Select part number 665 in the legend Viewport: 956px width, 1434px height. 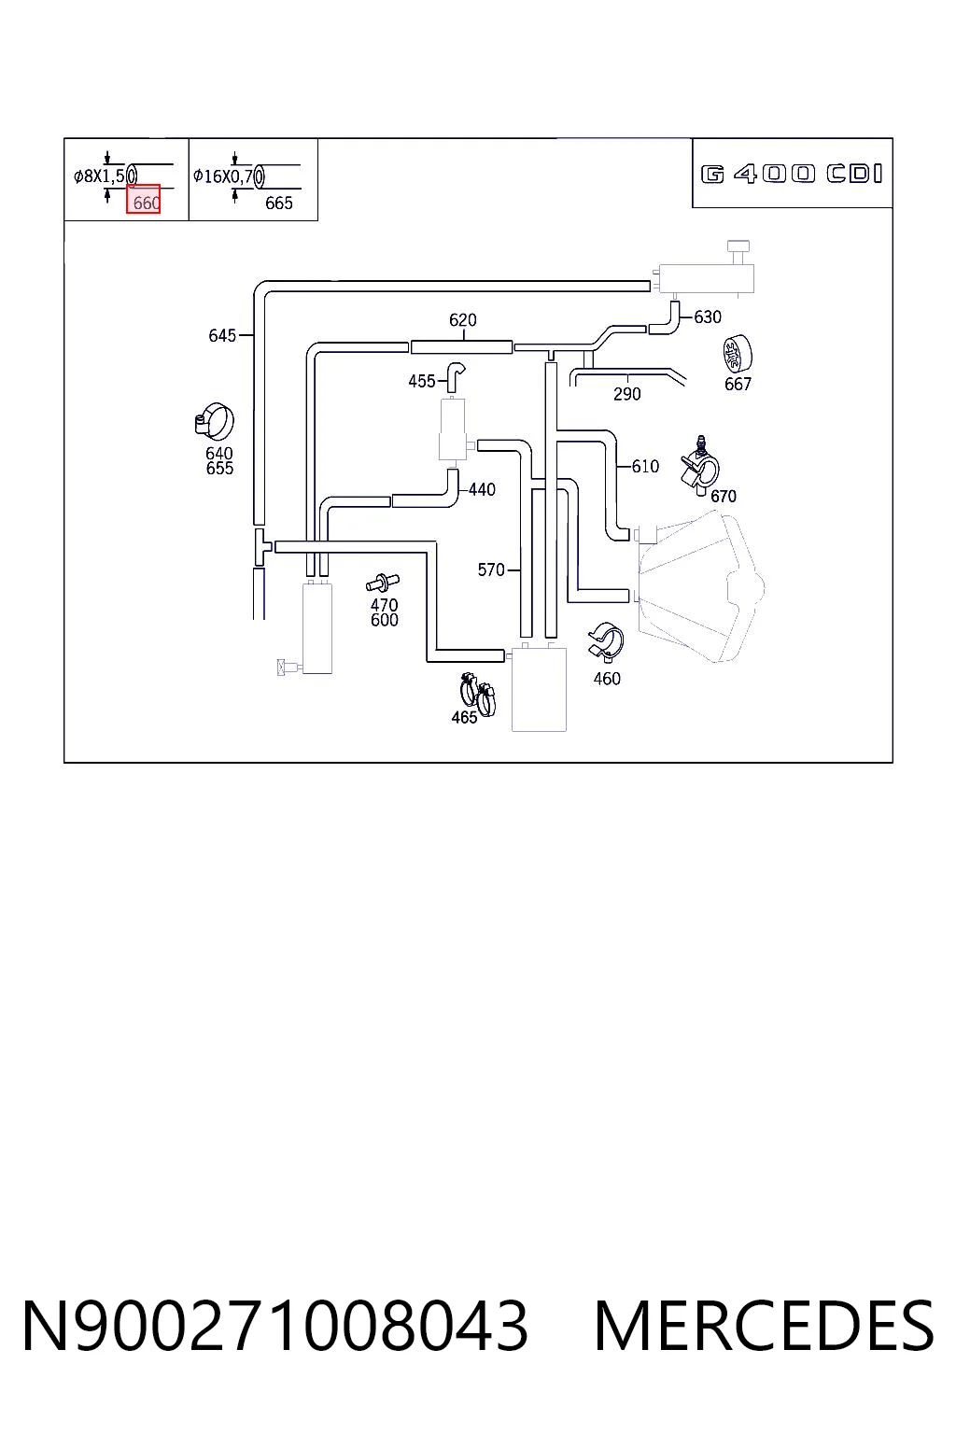pyautogui.click(x=278, y=203)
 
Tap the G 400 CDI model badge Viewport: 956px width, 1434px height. pyautogui.click(x=792, y=174)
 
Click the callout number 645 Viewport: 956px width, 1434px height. pyautogui.click(x=222, y=335)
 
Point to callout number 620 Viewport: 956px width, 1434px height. pyautogui.click(x=462, y=319)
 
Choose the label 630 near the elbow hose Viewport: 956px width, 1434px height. pyautogui.click(x=708, y=316)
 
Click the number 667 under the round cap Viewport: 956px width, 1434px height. pyautogui.click(x=738, y=384)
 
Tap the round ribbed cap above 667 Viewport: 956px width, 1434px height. pyautogui.click(x=737, y=353)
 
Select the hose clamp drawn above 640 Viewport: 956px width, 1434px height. pyautogui.click(x=215, y=422)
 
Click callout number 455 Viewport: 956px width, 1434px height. pyautogui.click(x=422, y=382)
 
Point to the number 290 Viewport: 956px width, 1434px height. pyautogui.click(x=626, y=394)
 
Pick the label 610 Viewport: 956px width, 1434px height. pyautogui.click(x=645, y=467)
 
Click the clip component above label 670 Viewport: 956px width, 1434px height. pyautogui.click(x=699, y=465)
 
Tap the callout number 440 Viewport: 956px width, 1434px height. pyautogui.click(x=482, y=490)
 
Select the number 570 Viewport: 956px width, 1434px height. pyautogui.click(x=491, y=569)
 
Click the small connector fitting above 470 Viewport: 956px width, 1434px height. pyautogui.click(x=382, y=583)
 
